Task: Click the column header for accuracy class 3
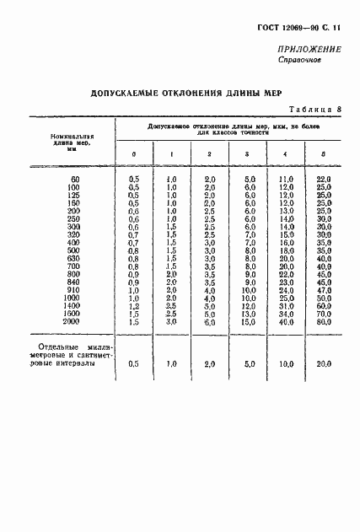246,153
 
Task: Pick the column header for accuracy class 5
323,153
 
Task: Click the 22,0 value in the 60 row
322,180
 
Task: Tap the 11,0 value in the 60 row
285,180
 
